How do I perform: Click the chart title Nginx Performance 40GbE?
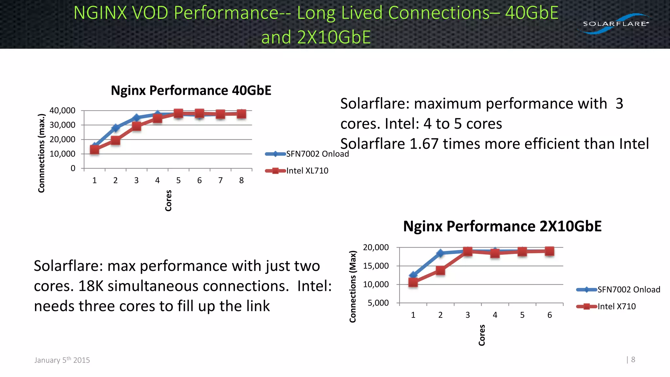click(191, 91)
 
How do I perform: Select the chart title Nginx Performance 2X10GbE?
click(502, 226)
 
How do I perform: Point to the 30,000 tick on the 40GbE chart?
click(62, 125)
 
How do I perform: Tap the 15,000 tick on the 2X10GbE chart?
click(376, 266)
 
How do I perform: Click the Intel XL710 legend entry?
click(307, 171)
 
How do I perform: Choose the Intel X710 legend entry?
click(616, 307)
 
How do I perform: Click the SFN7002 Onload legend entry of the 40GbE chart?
click(317, 154)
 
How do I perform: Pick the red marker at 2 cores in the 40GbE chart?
click(115, 140)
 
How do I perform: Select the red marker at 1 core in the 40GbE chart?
click(95, 150)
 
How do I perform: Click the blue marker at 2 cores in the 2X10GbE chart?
click(440, 253)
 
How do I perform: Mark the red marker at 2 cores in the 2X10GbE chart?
click(440, 271)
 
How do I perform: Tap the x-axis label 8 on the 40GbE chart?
click(241, 181)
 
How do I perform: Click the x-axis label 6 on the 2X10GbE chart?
click(550, 315)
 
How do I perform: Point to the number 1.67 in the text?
click(424, 144)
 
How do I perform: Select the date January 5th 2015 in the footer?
click(62, 360)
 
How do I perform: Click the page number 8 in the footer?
click(633, 360)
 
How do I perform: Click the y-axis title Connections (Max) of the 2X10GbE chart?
click(353, 286)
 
